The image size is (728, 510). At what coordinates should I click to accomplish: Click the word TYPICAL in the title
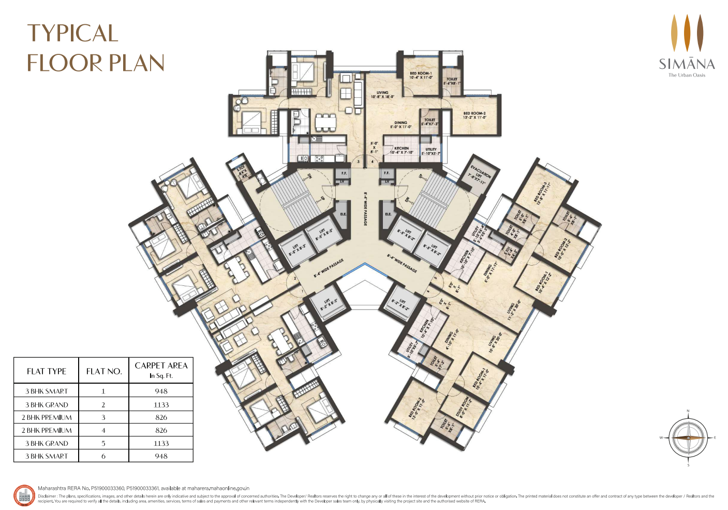click(x=72, y=34)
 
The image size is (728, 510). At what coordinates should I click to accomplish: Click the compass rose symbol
click(x=688, y=438)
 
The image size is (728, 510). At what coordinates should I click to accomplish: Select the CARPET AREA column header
click(x=161, y=370)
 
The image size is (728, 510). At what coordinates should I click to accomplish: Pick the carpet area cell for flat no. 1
click(x=161, y=391)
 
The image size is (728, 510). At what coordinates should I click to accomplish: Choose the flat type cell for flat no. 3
click(x=47, y=417)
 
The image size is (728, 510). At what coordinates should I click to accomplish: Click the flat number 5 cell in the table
click(x=103, y=443)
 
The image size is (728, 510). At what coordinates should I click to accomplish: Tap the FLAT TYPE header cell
click(x=47, y=371)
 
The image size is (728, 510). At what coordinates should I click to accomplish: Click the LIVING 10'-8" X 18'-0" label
click(x=382, y=95)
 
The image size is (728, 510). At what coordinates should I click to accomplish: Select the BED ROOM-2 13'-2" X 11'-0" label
click(x=474, y=115)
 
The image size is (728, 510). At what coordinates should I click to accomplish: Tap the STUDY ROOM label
click(x=464, y=407)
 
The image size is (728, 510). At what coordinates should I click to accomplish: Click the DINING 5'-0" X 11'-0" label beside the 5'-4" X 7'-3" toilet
click(x=400, y=125)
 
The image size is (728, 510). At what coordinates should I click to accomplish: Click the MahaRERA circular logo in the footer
click(x=24, y=496)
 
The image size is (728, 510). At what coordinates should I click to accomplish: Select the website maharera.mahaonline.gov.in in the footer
click(x=218, y=488)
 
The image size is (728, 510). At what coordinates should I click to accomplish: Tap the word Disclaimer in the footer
click(x=48, y=496)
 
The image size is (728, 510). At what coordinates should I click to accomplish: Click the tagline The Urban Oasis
click(x=687, y=75)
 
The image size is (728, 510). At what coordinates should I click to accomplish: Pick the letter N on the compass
click(x=688, y=411)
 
